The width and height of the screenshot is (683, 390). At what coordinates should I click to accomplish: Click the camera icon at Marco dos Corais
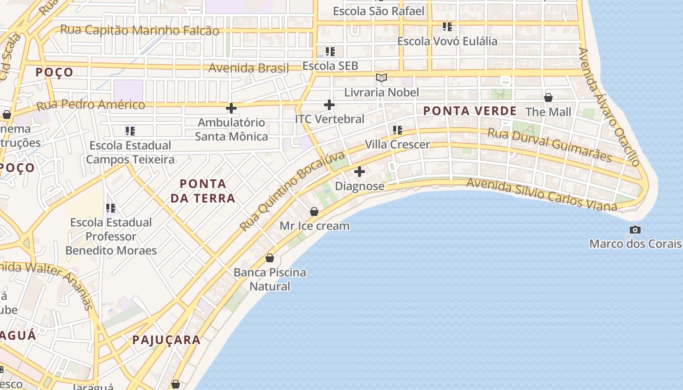click(x=635, y=230)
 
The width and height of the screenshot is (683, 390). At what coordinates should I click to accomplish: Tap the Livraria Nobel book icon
click(x=382, y=78)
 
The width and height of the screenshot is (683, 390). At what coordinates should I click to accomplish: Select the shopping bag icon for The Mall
click(x=548, y=97)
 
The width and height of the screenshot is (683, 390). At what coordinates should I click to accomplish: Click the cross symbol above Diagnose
click(x=360, y=172)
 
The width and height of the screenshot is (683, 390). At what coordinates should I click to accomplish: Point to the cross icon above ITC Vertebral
click(x=329, y=104)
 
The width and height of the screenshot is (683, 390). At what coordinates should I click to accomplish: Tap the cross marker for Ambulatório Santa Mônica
click(x=231, y=108)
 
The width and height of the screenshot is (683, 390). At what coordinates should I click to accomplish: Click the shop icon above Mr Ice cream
click(x=314, y=212)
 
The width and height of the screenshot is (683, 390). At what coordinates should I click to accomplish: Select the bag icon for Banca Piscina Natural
click(x=270, y=258)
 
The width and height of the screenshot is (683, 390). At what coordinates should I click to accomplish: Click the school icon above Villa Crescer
click(x=398, y=130)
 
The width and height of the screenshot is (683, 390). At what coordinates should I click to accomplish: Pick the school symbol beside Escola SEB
click(x=330, y=51)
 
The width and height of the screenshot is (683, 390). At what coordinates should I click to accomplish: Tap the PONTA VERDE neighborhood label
click(x=470, y=111)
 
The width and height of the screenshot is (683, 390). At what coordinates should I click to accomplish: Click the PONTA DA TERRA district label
click(x=207, y=191)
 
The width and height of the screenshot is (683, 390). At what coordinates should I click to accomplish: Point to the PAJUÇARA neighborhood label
click(x=166, y=340)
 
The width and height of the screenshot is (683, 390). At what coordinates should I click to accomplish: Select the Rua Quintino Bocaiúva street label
click(x=293, y=191)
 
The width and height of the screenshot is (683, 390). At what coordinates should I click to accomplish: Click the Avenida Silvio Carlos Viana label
click(x=542, y=195)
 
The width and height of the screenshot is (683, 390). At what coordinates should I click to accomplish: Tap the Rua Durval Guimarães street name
click(x=549, y=145)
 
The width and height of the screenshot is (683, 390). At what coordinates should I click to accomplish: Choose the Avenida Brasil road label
click(x=249, y=68)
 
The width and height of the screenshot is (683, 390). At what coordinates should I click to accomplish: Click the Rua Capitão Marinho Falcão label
click(x=140, y=30)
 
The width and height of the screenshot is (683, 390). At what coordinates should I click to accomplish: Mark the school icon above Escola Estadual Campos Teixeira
click(x=130, y=131)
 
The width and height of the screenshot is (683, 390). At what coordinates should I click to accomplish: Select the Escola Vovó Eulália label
click(x=447, y=41)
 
